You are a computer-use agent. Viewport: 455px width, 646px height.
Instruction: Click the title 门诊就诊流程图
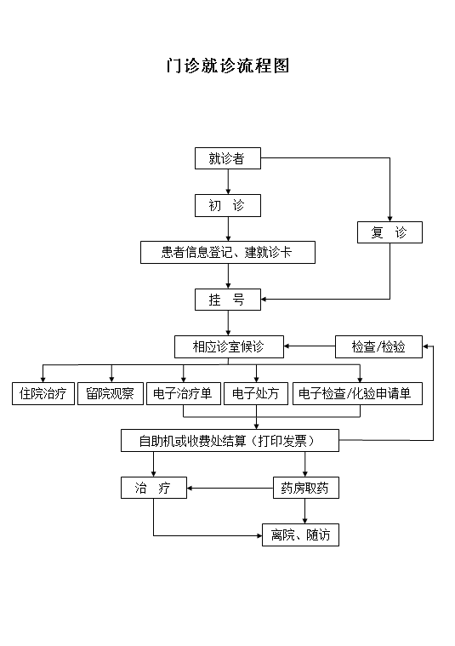pos(227,66)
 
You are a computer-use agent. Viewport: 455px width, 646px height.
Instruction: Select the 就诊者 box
pos(227,158)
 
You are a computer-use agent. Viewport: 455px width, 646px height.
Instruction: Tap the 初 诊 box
pos(227,205)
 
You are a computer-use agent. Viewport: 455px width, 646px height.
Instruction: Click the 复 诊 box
pos(390,232)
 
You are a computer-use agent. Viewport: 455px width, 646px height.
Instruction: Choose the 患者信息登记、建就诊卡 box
pos(227,252)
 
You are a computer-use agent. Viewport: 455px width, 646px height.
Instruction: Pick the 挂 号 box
pos(227,300)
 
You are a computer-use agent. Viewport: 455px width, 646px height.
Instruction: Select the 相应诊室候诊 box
pos(228,346)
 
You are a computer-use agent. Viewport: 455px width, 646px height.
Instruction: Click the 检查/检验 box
pos(378,346)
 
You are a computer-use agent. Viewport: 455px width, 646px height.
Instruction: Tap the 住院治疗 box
pos(43,393)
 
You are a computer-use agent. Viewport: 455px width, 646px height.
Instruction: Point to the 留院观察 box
pos(110,393)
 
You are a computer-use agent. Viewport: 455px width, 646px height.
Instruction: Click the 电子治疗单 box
pos(184,393)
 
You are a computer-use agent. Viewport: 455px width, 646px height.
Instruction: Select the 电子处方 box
pos(256,393)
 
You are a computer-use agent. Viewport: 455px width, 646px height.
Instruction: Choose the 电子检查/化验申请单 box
pos(357,393)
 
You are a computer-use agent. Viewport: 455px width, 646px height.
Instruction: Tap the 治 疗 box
pos(153,488)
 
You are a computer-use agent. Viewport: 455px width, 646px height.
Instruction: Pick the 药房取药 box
pos(305,488)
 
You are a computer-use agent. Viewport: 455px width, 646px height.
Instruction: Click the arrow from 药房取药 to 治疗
pos(230,488)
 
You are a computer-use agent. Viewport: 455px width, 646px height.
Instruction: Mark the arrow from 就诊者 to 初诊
pos(227,181)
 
